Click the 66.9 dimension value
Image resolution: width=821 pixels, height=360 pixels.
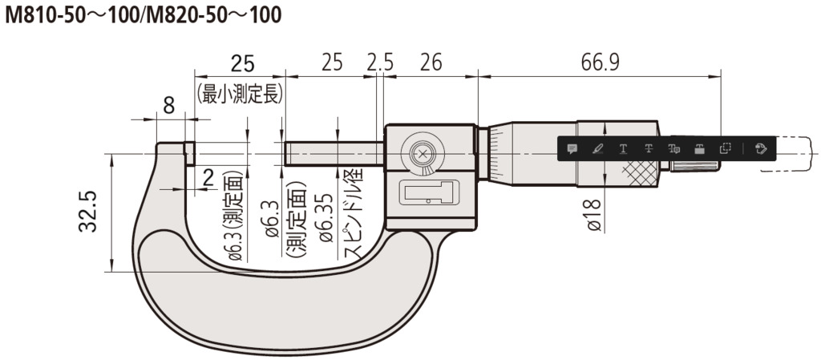coord(600,62)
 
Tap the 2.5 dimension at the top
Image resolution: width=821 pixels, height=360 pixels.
coord(380,62)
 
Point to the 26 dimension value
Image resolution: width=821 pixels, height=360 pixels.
coord(431,62)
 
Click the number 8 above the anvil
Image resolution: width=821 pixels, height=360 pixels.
coord(168,104)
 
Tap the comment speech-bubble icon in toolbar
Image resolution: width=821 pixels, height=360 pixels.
coord(572,148)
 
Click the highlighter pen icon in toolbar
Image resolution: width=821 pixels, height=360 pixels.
coord(597,148)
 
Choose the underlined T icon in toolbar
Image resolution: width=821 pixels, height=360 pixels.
coord(623,148)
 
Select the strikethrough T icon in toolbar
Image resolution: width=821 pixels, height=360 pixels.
coord(648,148)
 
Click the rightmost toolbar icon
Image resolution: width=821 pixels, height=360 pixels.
coord(761,148)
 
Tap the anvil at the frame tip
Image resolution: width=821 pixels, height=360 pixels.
coord(190,153)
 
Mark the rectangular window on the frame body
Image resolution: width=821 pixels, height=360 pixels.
coord(427,192)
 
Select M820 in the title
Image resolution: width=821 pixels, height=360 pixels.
coord(167,15)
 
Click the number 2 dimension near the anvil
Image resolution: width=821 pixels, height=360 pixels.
coord(208,178)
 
